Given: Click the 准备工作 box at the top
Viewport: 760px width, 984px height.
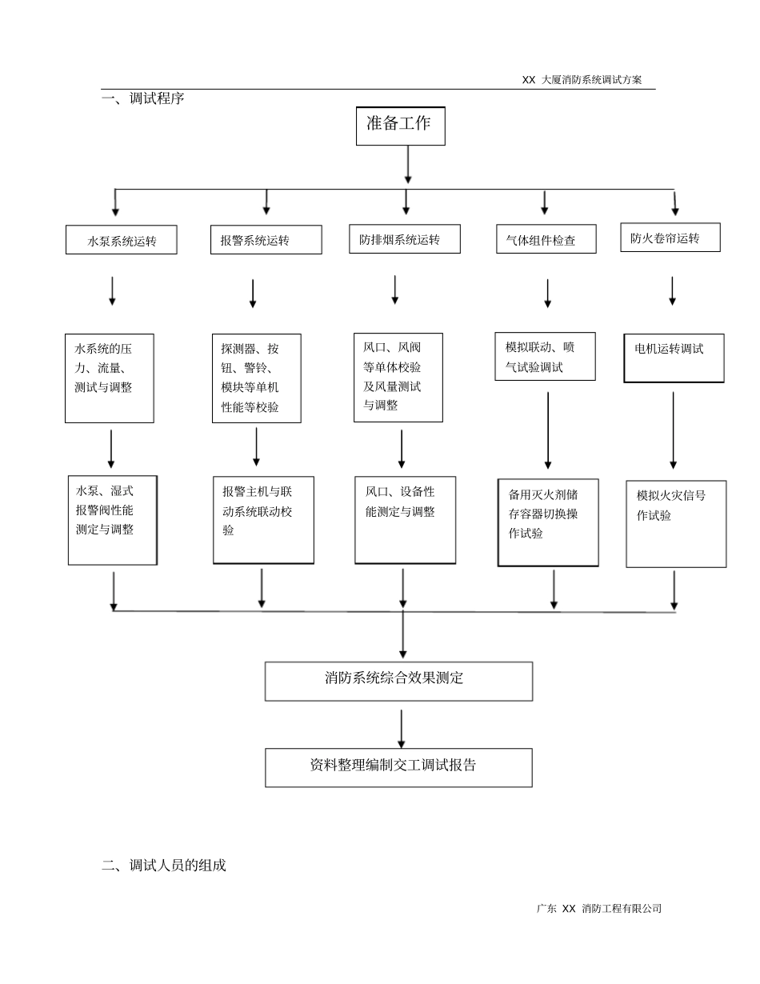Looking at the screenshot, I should tap(400, 126).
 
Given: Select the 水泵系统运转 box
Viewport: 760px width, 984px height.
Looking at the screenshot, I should tap(122, 240).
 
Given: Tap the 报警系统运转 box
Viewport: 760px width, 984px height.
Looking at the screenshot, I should tap(266, 240).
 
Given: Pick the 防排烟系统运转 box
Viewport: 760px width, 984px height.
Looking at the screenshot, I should tap(404, 239).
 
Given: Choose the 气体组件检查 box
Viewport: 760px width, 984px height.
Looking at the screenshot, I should tap(546, 239).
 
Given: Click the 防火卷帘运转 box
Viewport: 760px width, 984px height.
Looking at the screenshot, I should tap(670, 238).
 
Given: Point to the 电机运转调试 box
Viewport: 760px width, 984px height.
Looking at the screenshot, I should tap(674, 358).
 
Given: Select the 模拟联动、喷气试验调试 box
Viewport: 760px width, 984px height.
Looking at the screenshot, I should tap(545, 357).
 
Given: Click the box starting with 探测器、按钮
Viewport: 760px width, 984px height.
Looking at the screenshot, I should tap(256, 378).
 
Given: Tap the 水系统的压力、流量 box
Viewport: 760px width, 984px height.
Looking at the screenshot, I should tap(110, 378).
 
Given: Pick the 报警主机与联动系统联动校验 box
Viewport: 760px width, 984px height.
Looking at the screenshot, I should tap(263, 520).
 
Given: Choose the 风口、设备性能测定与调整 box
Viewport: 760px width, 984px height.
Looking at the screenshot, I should tap(405, 520).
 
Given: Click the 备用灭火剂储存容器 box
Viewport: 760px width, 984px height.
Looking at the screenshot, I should tap(548, 522).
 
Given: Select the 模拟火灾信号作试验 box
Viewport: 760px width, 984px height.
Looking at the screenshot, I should tap(676, 524).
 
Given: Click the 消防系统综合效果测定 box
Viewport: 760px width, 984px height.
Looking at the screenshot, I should tap(398, 681).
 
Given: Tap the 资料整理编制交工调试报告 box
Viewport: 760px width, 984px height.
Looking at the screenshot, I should tap(398, 767).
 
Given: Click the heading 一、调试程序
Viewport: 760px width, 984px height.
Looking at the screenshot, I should tap(143, 99).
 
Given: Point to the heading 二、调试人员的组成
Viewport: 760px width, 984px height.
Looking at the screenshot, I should tap(164, 865).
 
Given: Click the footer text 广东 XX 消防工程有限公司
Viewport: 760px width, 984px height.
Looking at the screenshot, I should tap(599, 908).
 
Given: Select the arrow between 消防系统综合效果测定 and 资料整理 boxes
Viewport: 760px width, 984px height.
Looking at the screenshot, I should tap(402, 728).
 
